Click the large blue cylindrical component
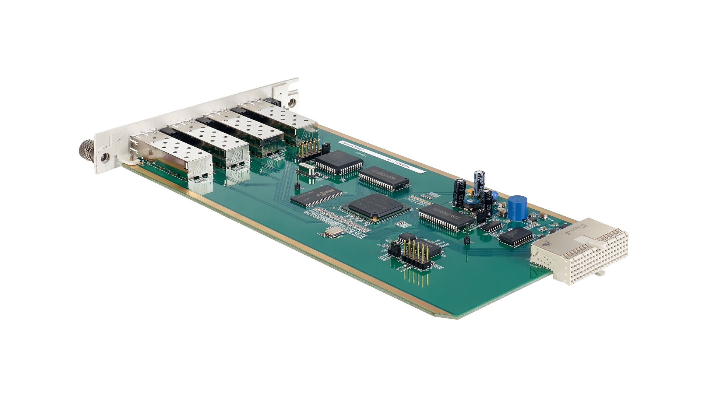(517, 208)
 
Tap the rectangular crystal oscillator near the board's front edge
(334, 232)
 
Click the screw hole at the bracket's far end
(292, 102)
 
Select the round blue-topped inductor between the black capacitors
(469, 202)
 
